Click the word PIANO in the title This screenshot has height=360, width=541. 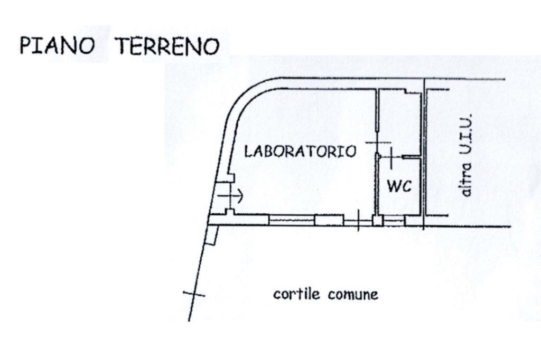point(57,46)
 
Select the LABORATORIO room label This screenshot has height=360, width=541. point(300,151)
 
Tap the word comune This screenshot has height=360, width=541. point(353,295)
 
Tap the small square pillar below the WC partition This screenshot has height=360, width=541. point(377,221)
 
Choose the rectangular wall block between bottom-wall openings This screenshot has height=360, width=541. point(329,220)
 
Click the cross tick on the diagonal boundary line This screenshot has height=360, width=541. point(193,293)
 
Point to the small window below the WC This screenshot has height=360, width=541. point(394,222)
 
